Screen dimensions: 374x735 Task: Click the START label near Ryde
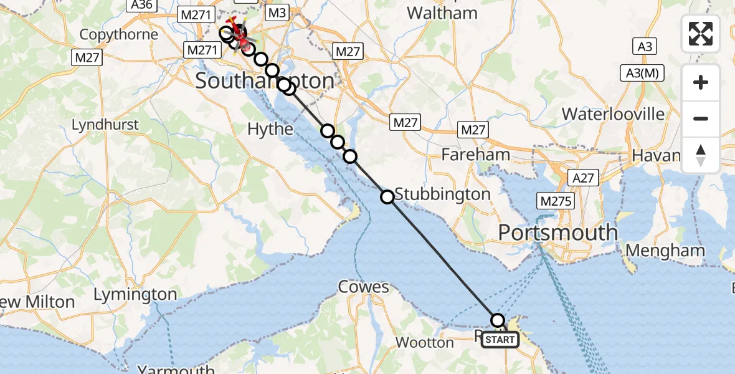tap(500, 340)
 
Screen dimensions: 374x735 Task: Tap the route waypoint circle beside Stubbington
tap(387, 197)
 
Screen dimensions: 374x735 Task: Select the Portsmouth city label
tap(557, 233)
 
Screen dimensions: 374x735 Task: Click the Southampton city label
tap(265, 81)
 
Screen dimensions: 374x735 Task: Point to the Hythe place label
tap(270, 129)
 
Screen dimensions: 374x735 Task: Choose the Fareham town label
tap(475, 155)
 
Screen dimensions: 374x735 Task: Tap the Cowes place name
tap(363, 287)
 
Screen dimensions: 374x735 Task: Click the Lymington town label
tap(135, 294)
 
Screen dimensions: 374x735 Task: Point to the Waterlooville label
tap(613, 114)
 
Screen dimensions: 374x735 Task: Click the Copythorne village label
tap(119, 34)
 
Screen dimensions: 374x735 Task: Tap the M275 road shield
tap(555, 201)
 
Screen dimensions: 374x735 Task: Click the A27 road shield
tap(584, 178)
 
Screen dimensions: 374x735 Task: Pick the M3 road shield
tap(276, 12)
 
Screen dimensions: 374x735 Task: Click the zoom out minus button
tap(701, 118)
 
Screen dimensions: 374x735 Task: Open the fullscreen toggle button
tap(701, 34)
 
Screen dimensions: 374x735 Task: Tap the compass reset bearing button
tap(701, 155)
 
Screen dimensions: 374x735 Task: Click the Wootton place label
tap(424, 342)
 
